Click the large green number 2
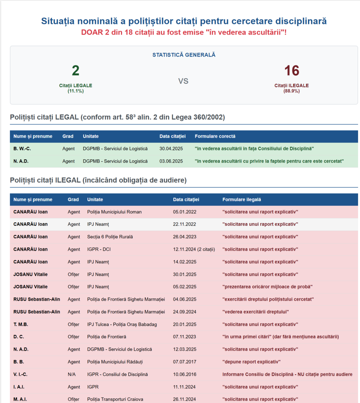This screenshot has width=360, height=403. (x=76, y=71)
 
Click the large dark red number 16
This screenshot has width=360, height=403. (x=292, y=71)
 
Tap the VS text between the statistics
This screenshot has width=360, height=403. (x=183, y=81)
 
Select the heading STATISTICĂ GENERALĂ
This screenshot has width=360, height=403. (x=184, y=55)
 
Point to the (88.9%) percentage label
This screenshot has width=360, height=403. (x=291, y=91)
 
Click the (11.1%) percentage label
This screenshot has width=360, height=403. (x=76, y=91)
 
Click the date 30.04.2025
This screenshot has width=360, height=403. (x=171, y=148)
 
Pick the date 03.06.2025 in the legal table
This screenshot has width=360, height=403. (x=171, y=161)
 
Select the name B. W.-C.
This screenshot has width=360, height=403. (x=22, y=148)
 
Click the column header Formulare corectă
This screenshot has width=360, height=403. (x=215, y=136)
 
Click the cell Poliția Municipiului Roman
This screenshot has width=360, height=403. (x=114, y=212)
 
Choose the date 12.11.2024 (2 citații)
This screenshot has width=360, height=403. (x=194, y=249)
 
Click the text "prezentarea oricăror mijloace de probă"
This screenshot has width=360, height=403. (x=268, y=287)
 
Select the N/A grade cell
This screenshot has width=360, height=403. (x=72, y=374)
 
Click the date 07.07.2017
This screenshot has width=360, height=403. (x=185, y=362)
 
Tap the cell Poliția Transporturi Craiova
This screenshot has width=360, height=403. (x=115, y=399)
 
